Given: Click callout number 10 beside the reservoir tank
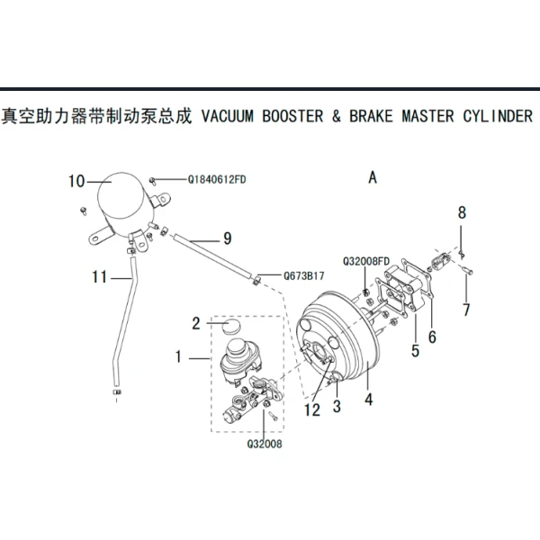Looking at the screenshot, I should click(76, 181).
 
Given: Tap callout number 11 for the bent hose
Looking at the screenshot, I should click(100, 276).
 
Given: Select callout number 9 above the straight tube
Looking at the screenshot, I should click(227, 238).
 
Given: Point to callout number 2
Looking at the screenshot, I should click(195, 321).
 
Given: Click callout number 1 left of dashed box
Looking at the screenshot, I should click(179, 357).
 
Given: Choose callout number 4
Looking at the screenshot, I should click(368, 397).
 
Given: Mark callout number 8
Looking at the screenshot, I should click(463, 212).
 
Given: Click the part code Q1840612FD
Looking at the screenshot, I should click(217, 180).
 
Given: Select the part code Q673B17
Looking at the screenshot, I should click(303, 275).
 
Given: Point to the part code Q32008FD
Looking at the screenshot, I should click(365, 262).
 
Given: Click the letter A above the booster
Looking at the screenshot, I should click(373, 178).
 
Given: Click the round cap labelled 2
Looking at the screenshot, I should click(229, 325).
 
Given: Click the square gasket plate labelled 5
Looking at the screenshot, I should click(397, 292).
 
